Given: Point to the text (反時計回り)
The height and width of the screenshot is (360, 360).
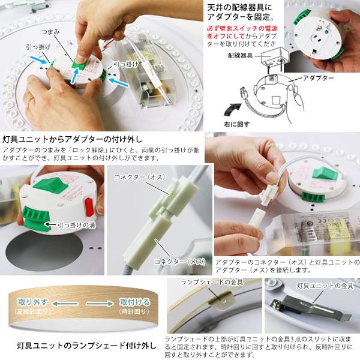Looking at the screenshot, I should click(28, 311).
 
